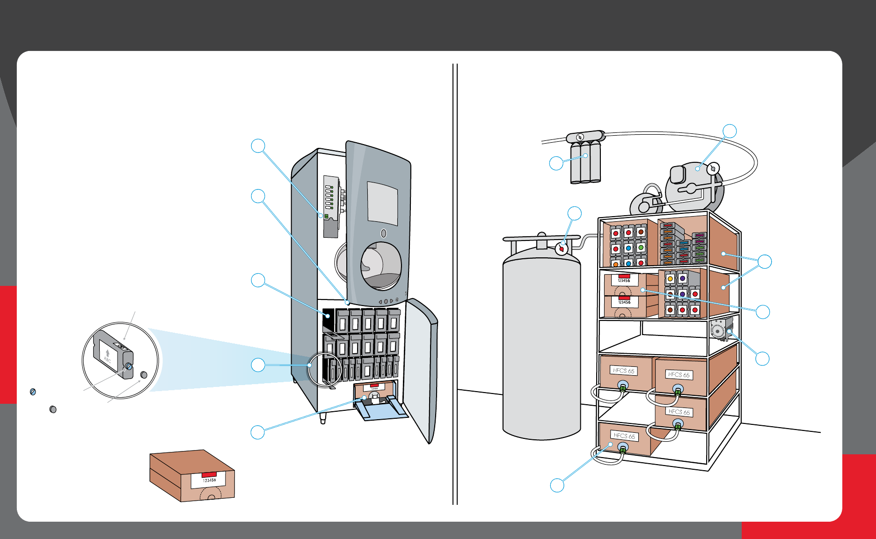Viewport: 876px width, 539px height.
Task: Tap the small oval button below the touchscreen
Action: [384, 233]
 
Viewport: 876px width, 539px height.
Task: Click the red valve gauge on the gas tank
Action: [562, 249]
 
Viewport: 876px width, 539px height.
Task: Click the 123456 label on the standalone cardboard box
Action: [209, 480]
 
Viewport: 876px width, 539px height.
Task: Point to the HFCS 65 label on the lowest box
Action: [625, 436]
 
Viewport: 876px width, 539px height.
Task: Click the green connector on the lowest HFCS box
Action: [623, 449]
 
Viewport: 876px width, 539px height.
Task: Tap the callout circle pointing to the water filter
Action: [556, 163]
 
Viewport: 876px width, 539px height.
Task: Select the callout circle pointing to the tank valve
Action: [575, 213]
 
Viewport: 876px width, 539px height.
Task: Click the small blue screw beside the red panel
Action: [33, 392]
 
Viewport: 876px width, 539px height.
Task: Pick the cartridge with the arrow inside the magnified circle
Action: [112, 353]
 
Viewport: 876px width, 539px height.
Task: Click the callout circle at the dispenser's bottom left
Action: [258, 432]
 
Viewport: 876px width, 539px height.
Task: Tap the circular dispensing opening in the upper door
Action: [381, 265]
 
